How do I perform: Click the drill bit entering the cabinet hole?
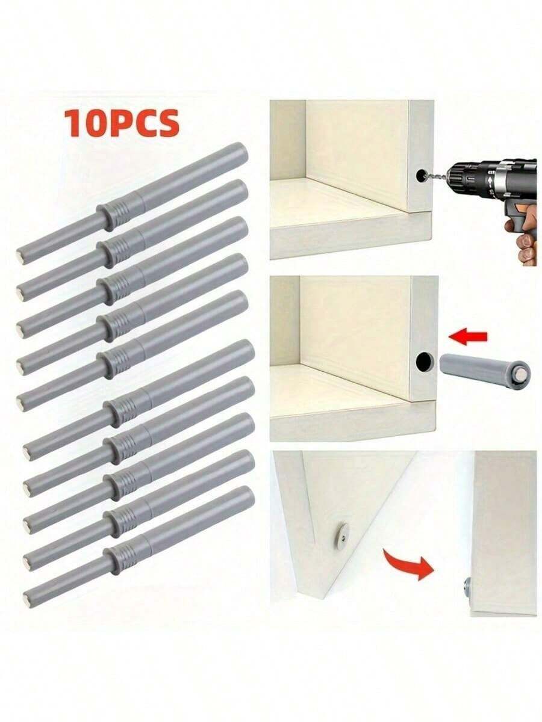(434, 176)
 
